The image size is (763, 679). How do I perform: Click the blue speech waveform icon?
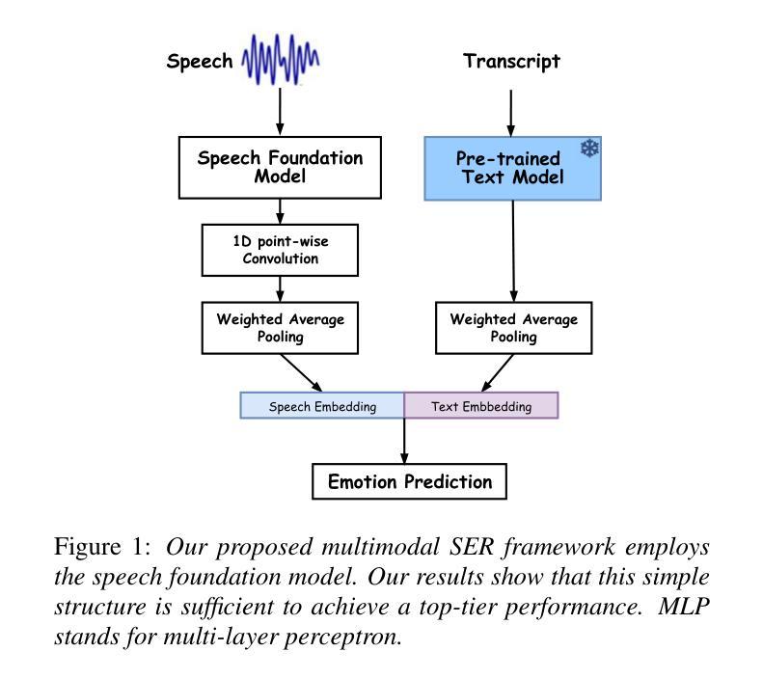281,60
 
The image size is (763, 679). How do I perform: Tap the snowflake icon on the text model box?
589,149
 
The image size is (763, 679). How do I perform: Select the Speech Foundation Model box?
280,167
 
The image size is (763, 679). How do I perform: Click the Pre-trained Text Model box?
513,168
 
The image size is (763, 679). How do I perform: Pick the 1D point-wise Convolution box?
280,250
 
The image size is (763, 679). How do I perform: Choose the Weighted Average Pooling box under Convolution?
280,328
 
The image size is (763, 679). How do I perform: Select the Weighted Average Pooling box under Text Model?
514,328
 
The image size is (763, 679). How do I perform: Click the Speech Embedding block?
322,405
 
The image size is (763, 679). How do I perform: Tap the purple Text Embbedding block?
481,405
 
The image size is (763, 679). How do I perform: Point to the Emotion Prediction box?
409,481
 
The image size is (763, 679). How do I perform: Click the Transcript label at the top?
511,62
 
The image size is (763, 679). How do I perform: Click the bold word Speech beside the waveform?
200,62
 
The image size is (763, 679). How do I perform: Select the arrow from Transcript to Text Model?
511,113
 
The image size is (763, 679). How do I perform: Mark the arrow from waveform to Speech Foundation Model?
280,111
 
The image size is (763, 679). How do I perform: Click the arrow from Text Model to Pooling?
513,251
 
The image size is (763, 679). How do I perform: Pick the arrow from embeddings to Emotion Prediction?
404,441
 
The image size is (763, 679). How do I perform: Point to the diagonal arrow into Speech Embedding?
301,373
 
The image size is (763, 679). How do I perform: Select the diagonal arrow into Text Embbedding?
498,373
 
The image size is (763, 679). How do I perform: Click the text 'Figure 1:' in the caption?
102,546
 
